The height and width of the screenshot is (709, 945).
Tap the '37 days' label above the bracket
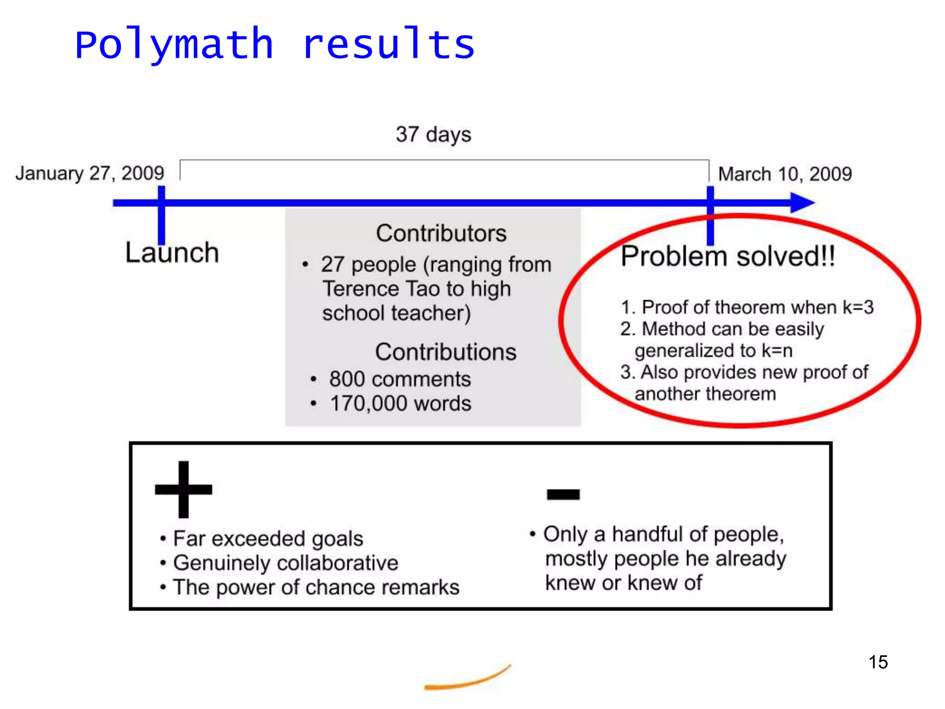click(433, 135)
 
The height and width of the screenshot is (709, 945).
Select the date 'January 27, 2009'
click(90, 174)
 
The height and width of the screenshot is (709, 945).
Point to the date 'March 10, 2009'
click(785, 174)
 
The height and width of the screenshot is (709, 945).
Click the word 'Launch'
click(172, 253)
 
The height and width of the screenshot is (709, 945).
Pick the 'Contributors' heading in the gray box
click(441, 233)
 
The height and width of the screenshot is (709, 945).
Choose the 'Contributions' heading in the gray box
click(445, 352)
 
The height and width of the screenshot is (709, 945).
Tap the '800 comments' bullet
click(400, 379)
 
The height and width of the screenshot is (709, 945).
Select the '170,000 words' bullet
click(401, 404)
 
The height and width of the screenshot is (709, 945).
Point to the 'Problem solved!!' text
click(728, 256)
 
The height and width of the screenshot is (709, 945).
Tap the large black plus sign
click(184, 489)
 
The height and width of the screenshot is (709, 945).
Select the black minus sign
click(563, 494)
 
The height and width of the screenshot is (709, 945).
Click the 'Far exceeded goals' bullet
click(268, 539)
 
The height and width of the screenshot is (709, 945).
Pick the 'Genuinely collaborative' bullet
click(285, 563)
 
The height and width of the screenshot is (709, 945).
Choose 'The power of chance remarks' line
click(316, 588)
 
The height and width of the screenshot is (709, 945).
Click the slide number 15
click(878, 662)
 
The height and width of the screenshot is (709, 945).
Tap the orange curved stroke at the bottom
click(467, 680)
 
